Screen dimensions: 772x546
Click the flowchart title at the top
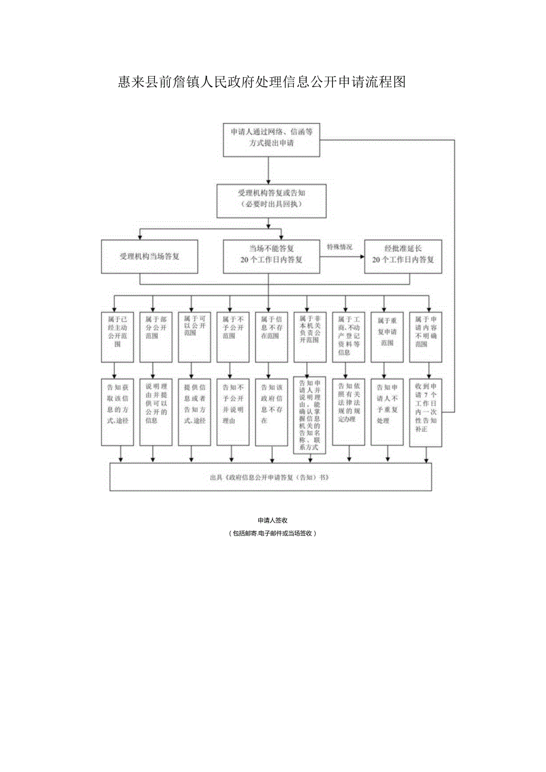pyautogui.click(x=262, y=82)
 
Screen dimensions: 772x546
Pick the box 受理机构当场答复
pyautogui.click(x=150, y=256)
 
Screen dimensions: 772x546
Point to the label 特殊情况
pyautogui.click(x=339, y=247)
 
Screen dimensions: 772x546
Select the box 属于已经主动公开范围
pyautogui.click(x=117, y=336)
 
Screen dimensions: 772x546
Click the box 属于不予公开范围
pyautogui.click(x=233, y=336)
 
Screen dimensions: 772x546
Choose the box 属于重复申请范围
pyautogui.click(x=387, y=336)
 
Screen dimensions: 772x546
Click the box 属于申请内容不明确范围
pyautogui.click(x=426, y=336)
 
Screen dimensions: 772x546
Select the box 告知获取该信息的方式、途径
pyautogui.click(x=117, y=411)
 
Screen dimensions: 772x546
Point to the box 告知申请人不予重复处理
pyautogui.click(x=387, y=411)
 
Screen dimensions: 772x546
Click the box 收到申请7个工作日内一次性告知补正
pyautogui.click(x=426, y=411)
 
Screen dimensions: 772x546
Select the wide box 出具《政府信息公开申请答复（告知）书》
pyautogui.click(x=271, y=476)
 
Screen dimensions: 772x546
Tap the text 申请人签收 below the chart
pyautogui.click(x=272, y=520)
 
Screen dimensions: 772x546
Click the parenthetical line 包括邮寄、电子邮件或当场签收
pyautogui.click(x=272, y=533)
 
